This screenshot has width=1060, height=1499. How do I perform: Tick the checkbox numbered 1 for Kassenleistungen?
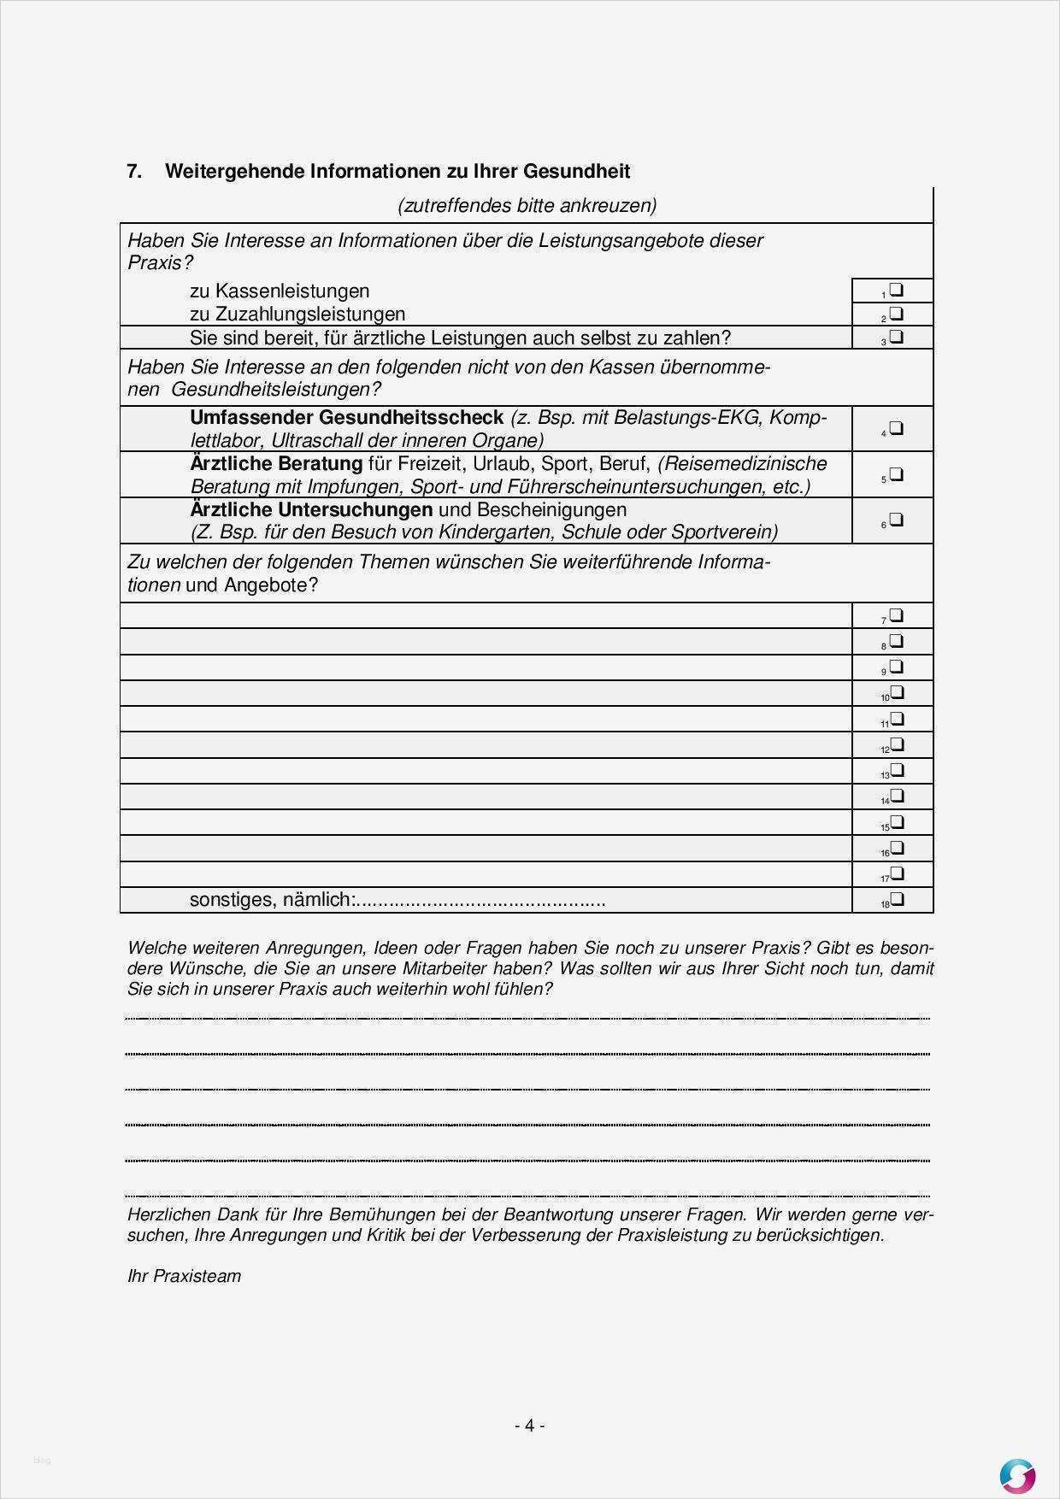coord(896,290)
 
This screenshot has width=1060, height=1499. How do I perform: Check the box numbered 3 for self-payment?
coord(896,337)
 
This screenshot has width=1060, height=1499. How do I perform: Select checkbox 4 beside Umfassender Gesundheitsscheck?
coord(896,428)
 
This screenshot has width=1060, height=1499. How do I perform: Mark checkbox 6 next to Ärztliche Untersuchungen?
coord(896,520)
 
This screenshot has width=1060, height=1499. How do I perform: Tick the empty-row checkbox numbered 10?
coord(896,692)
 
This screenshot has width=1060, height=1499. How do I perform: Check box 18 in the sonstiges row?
coord(896,899)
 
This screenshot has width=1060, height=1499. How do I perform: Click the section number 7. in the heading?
coord(134,171)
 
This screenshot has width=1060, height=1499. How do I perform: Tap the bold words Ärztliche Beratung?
coord(276,464)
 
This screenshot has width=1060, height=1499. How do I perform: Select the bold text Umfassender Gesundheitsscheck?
coord(346,418)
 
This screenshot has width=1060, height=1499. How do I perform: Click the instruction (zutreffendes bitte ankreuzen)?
coord(527,205)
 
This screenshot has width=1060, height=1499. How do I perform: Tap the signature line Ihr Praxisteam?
coord(184,1276)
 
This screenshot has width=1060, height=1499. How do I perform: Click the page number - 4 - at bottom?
coord(529,1425)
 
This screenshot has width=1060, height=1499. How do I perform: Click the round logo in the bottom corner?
coord(1017,1475)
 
